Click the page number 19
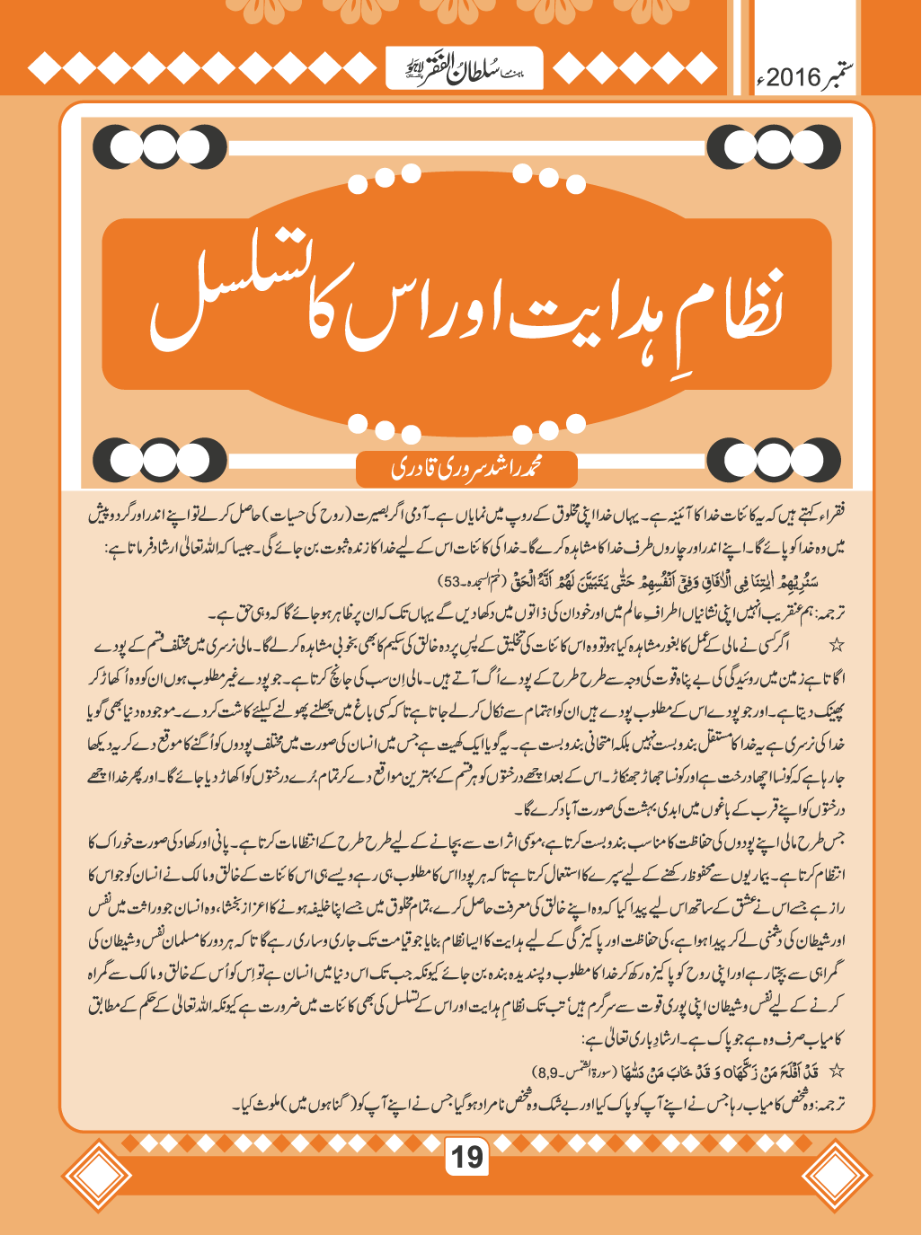466,1156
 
